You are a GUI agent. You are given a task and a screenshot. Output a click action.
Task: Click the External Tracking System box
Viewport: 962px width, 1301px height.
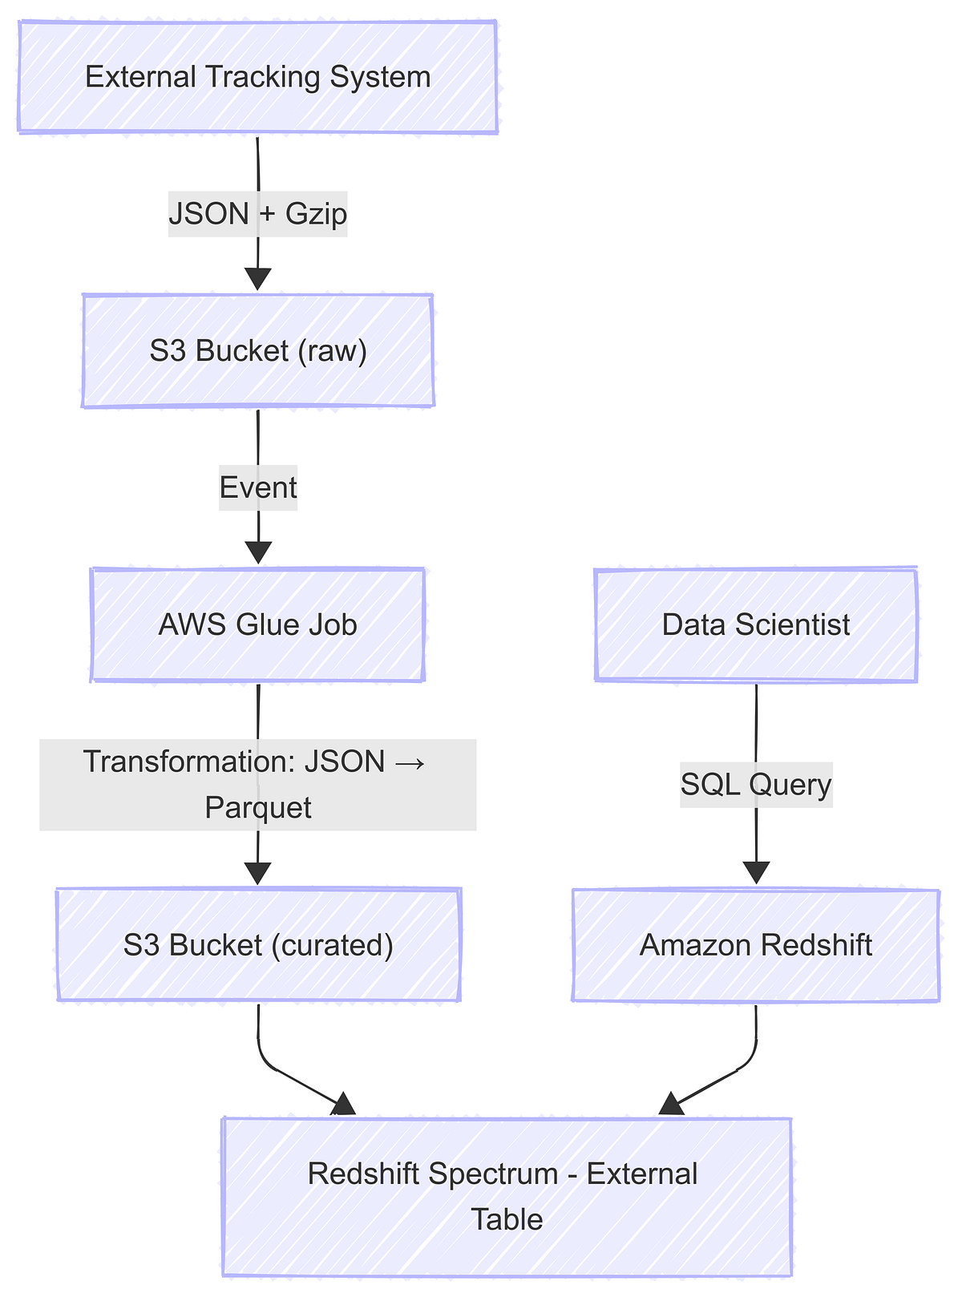click(x=257, y=77)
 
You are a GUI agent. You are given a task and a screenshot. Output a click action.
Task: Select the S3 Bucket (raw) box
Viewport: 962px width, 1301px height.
click(x=257, y=351)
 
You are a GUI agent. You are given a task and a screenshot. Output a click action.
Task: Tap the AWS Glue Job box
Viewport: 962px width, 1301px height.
click(x=257, y=624)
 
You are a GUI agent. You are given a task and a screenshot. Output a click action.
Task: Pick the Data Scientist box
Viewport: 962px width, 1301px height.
click(x=756, y=624)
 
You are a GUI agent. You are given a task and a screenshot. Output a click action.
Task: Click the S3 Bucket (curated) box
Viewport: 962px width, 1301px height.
click(x=258, y=945)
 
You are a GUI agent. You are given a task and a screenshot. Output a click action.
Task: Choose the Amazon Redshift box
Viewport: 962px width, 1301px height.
click(x=756, y=945)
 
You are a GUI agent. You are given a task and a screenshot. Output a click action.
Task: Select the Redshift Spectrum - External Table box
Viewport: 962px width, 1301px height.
click(x=507, y=1196)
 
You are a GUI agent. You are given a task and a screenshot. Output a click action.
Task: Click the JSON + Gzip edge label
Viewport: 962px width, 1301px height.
click(x=257, y=214)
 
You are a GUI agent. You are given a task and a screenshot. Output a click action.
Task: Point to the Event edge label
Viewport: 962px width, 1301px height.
click(x=258, y=487)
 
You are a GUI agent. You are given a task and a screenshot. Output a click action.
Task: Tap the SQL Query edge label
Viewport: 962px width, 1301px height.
click(x=756, y=783)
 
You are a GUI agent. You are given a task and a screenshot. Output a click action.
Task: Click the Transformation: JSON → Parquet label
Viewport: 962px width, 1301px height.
click(x=257, y=784)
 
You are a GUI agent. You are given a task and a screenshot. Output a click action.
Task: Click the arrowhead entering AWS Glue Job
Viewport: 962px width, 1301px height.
click(x=258, y=553)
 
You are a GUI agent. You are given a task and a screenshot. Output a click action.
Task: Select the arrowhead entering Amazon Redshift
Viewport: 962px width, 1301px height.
click(x=756, y=873)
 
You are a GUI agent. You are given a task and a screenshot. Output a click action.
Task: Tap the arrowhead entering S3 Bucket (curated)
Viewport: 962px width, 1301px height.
click(x=257, y=873)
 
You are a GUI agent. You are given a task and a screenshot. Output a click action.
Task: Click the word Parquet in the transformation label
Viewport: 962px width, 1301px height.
click(x=257, y=807)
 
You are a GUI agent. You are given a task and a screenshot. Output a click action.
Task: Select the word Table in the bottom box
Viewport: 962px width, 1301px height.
click(x=507, y=1219)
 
